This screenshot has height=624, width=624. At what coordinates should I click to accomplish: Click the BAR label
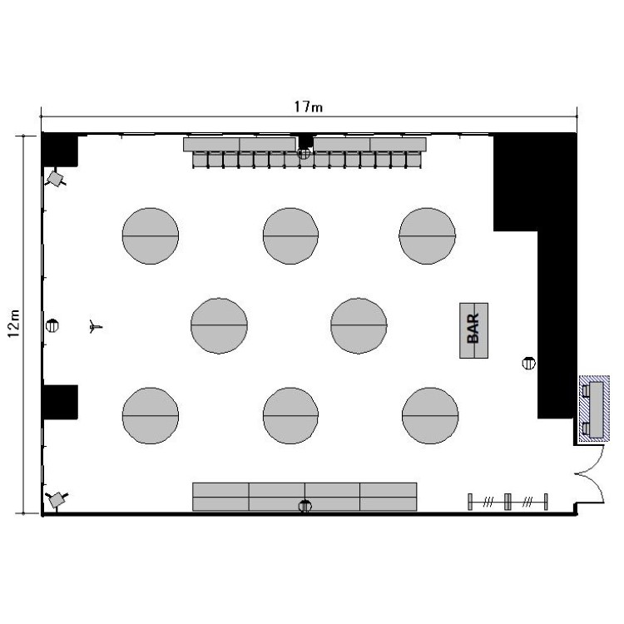[x=473, y=329]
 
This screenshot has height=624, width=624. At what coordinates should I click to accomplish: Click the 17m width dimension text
[x=309, y=106]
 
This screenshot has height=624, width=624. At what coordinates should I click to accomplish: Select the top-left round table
[x=151, y=236]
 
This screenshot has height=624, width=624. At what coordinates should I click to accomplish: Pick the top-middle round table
[x=290, y=236]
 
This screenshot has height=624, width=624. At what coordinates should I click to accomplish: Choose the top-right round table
[x=428, y=236]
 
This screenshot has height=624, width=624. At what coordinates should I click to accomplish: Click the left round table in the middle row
[x=219, y=325]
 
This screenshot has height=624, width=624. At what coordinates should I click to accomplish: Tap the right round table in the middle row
[x=359, y=325]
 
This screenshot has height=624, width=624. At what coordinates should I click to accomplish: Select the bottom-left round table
[x=151, y=415]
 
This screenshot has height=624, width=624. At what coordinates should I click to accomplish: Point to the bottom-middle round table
[x=290, y=415]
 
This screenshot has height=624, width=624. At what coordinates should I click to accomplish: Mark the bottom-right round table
[x=430, y=415]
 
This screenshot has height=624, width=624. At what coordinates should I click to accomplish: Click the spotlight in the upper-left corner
[x=55, y=178]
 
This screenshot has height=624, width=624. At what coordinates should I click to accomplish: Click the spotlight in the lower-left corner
[x=57, y=499]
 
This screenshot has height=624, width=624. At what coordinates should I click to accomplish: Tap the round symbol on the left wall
[x=52, y=326]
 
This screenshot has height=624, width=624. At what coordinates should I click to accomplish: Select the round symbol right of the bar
[x=528, y=363]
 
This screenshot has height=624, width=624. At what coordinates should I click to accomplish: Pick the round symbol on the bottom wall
[x=305, y=506]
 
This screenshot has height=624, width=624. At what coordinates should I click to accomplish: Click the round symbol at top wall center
[x=304, y=153]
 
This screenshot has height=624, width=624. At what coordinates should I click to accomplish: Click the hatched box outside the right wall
[x=594, y=409]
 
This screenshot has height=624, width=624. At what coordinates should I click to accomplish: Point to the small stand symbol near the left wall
[x=95, y=327]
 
